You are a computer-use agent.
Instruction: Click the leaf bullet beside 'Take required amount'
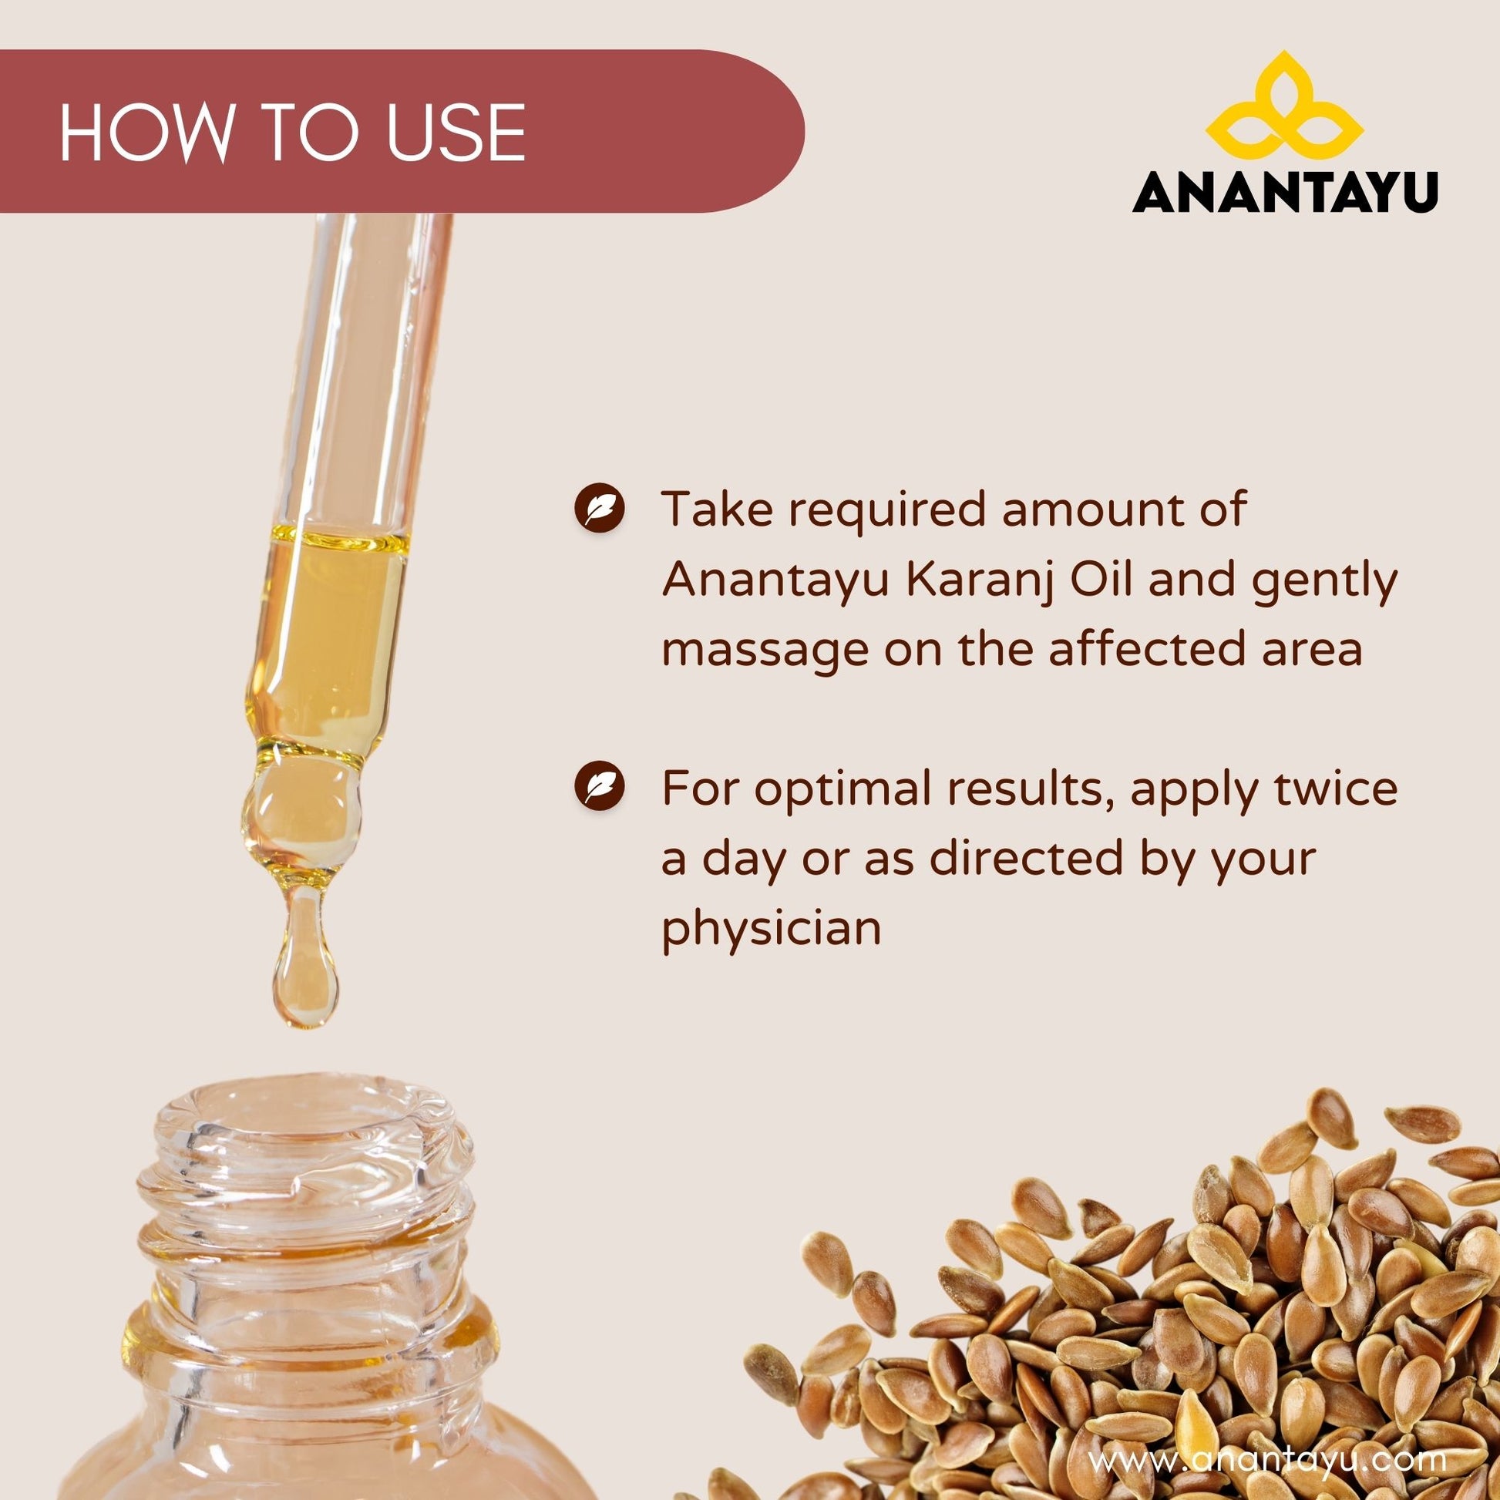pyautogui.click(x=600, y=508)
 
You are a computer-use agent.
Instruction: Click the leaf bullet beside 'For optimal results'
pyautogui.click(x=600, y=787)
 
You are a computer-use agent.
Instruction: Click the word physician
pyautogui.click(x=772, y=928)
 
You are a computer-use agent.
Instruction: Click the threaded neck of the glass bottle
pyautogui.click(x=307, y=1243)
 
